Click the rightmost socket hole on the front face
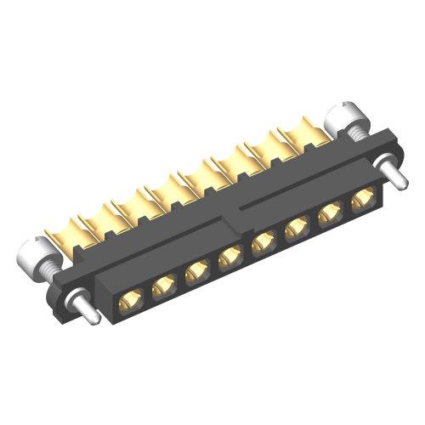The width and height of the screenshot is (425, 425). [x=361, y=201]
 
